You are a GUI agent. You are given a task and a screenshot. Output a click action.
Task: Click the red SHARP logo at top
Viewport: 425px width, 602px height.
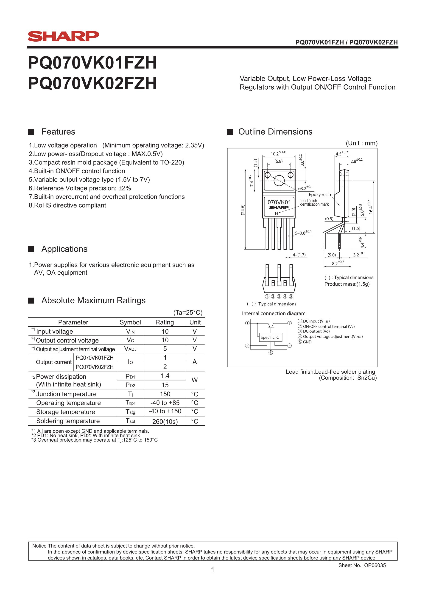(x=63, y=36)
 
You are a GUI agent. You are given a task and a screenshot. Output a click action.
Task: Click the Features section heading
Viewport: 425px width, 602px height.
(x=58, y=132)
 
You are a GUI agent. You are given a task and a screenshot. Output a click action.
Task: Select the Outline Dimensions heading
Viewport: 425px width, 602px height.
(x=275, y=132)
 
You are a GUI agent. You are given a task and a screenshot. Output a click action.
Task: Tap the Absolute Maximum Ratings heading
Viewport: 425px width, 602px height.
(x=93, y=300)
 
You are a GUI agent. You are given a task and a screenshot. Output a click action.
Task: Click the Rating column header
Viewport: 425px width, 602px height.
(x=165, y=322)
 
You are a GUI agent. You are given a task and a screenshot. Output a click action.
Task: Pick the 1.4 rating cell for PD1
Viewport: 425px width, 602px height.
(x=165, y=376)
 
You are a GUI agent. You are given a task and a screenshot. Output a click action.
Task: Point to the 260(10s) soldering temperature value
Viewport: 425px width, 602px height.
(x=165, y=421)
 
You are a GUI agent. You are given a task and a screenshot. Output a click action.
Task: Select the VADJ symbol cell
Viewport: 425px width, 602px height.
(x=130, y=349)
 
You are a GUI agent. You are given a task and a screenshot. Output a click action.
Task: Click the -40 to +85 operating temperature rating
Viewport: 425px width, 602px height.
(x=165, y=403)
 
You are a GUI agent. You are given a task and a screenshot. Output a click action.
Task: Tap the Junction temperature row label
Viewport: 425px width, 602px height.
(x=66, y=394)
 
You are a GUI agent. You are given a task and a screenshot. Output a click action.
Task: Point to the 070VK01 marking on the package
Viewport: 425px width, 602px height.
(x=279, y=202)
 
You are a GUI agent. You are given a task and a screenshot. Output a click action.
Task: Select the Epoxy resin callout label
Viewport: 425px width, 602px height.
(x=320, y=195)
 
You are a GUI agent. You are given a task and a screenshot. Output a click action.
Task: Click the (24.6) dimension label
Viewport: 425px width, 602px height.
(x=243, y=210)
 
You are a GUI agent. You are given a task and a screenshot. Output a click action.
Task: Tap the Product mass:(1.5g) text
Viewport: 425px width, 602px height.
(x=347, y=284)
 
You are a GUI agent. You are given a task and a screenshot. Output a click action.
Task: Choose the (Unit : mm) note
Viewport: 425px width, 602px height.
(x=362, y=143)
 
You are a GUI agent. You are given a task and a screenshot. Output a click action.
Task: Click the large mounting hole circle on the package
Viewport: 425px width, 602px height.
(x=279, y=180)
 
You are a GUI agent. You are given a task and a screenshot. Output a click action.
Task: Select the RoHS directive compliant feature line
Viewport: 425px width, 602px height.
(x=67, y=205)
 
